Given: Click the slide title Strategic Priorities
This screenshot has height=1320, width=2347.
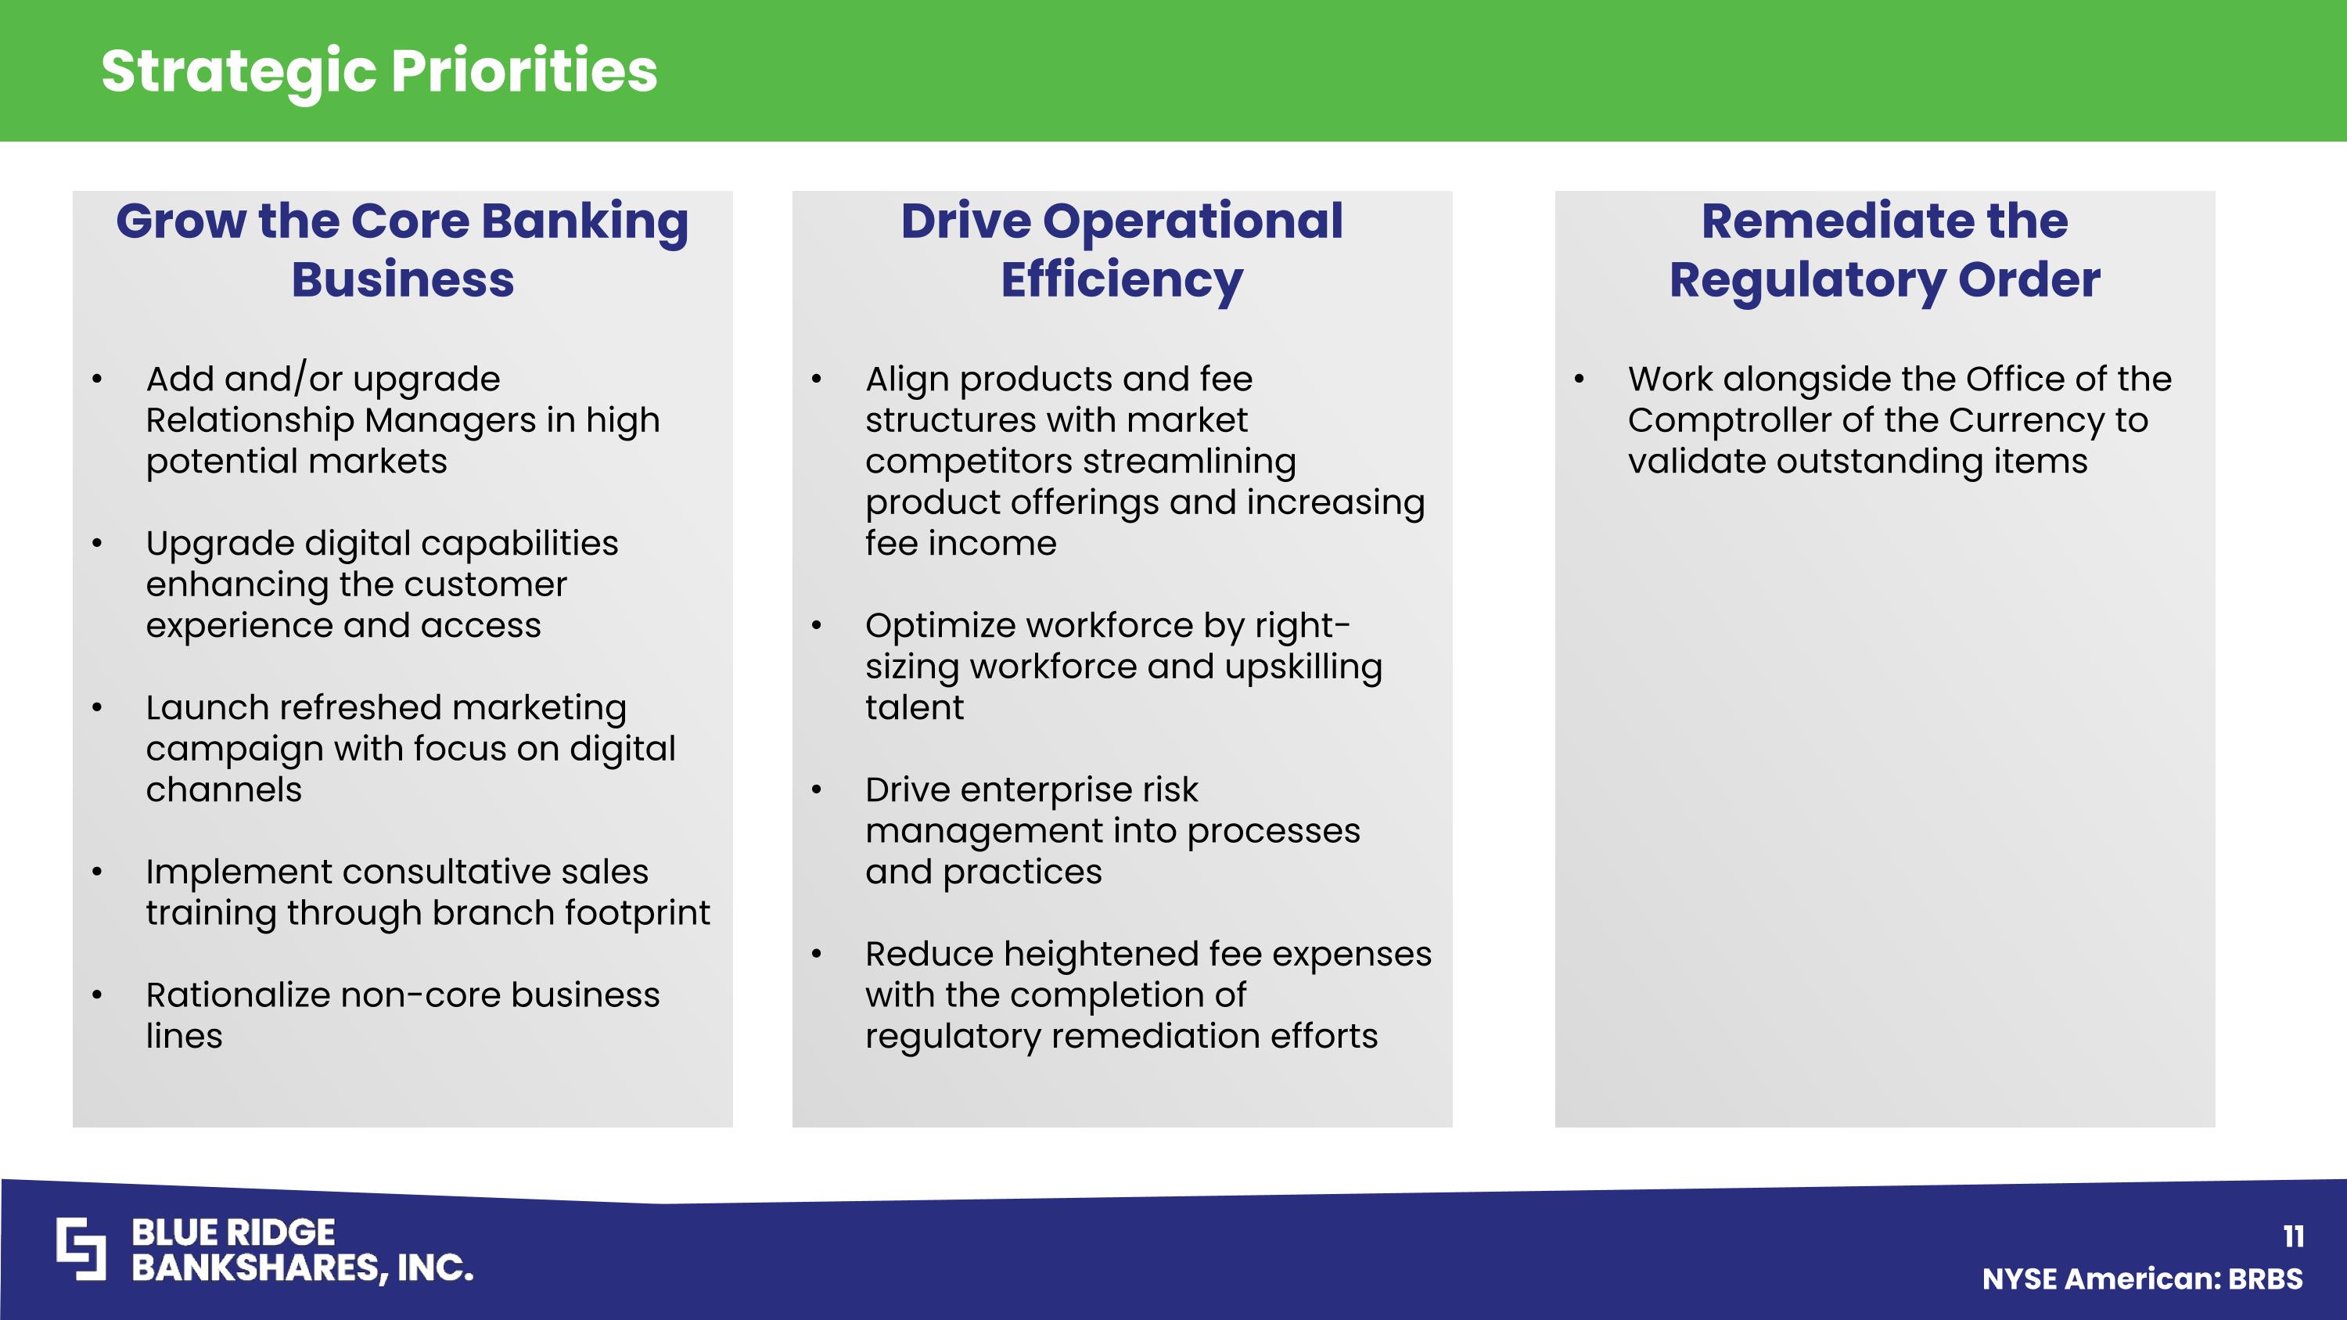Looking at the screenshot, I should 379,71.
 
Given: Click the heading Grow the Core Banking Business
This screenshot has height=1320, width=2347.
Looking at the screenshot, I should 402,249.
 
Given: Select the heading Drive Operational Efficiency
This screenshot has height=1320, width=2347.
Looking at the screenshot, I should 1122,249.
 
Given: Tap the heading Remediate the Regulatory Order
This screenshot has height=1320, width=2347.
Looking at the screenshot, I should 1884,249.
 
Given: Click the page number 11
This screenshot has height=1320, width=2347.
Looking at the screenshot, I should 2293,1236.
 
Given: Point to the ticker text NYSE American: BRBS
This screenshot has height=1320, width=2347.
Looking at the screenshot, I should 2142,1279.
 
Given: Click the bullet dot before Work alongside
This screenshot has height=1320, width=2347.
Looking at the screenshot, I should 1580,379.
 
